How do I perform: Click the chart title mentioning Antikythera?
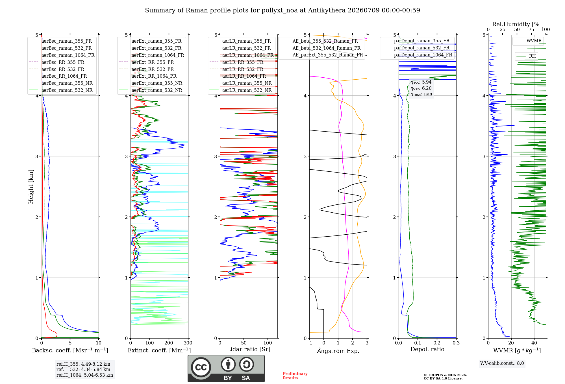(282, 10)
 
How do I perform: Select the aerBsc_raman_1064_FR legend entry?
(62, 55)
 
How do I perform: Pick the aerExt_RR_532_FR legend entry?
(146, 69)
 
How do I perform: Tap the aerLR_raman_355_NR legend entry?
(240, 83)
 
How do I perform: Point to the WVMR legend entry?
(528, 41)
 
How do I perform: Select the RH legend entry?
(526, 56)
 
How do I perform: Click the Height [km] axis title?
(31, 187)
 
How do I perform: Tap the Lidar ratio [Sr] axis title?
(249, 349)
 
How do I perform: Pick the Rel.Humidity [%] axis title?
(517, 24)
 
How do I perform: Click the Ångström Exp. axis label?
(338, 351)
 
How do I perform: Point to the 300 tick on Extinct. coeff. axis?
(188, 343)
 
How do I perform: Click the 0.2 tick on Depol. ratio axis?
(437, 343)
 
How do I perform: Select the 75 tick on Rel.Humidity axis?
(531, 30)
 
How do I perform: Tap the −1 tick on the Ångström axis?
(309, 343)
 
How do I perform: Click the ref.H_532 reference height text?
(83, 369)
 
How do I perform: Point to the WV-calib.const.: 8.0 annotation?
(502, 363)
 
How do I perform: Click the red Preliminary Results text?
(295, 376)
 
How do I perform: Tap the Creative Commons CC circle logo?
(201, 367)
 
